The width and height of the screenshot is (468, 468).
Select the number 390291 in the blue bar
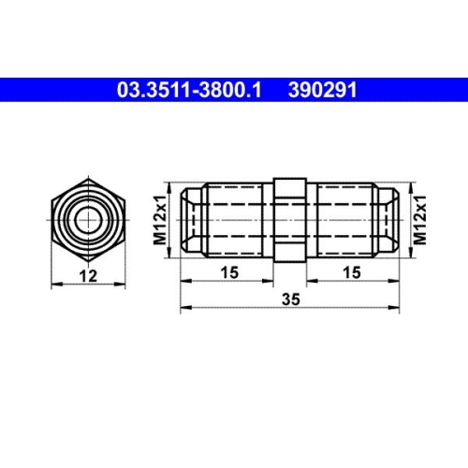pyautogui.click(x=322, y=91)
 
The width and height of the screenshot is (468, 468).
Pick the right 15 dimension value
pyautogui.click(x=353, y=271)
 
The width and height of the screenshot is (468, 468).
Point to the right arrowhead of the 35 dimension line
pyautogui.click(x=397, y=306)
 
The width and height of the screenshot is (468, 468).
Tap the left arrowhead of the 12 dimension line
pyautogui.click(x=59, y=286)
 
